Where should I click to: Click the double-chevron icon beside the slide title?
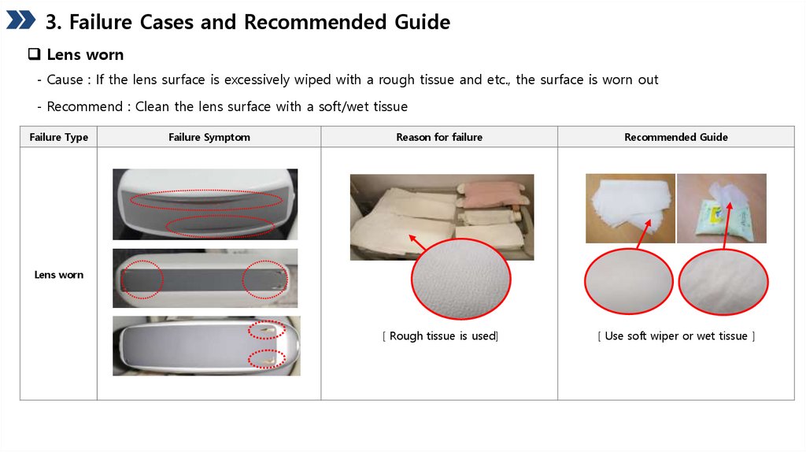click(x=20, y=20)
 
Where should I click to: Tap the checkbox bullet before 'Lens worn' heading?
click(x=34, y=54)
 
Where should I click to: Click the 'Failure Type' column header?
click(x=58, y=137)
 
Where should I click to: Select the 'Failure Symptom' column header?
click(x=209, y=137)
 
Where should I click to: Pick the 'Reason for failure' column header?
click(x=439, y=137)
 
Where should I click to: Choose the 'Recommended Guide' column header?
click(x=676, y=137)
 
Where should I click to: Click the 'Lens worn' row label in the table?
click(x=58, y=275)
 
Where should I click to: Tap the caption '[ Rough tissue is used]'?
click(x=440, y=335)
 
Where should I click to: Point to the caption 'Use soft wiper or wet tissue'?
click(x=676, y=335)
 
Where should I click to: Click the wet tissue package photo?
click(x=722, y=208)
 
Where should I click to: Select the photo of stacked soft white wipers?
click(x=630, y=208)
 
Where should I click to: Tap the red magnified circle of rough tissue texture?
click(x=412, y=280)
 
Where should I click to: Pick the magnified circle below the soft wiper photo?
click(x=585, y=281)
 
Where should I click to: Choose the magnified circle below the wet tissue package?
click(x=678, y=282)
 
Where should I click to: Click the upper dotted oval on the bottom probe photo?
click(x=267, y=321)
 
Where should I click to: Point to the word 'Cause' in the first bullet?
click(x=65, y=80)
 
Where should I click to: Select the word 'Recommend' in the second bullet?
click(x=85, y=106)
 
